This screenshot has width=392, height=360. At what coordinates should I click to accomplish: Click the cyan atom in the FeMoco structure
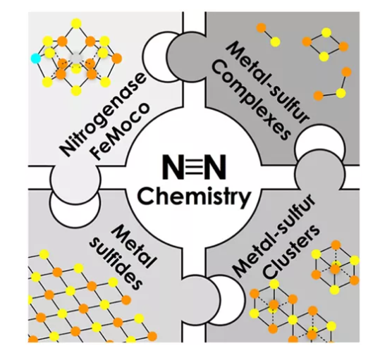pos(36,58)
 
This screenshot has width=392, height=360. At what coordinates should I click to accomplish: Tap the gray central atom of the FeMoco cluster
pos(75,58)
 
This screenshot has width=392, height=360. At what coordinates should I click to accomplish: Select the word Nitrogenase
pos(102,115)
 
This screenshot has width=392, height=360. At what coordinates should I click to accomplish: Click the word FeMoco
pos(122,132)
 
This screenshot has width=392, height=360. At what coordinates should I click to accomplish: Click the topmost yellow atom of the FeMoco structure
pos(76,23)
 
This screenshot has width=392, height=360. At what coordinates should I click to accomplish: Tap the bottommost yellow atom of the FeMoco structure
pos(76,91)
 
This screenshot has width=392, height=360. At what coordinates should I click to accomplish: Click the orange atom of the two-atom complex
pos(262,27)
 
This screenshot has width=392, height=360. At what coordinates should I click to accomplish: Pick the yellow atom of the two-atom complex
pos(275,42)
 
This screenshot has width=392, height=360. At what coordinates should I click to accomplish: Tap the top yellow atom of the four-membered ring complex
pos(326,32)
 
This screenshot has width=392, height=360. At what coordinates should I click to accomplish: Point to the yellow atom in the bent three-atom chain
pos(341,93)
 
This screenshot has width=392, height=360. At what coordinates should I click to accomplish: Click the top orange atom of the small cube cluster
pos(336,245)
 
